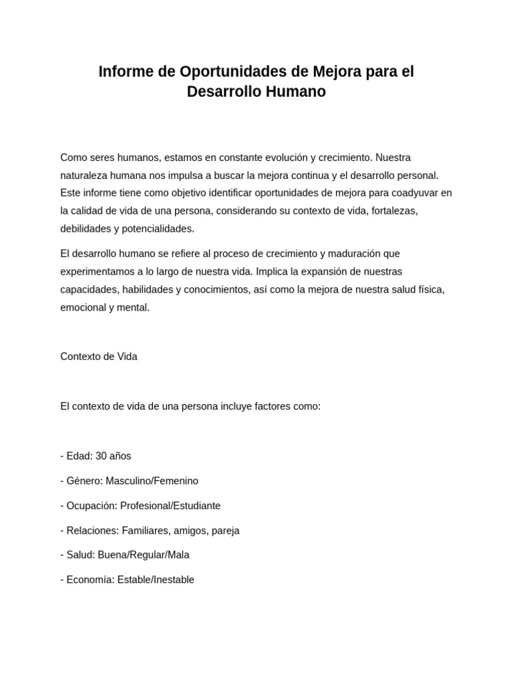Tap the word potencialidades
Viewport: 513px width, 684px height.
pyautogui.click(x=153, y=228)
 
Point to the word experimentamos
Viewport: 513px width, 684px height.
pyautogui.click(x=99, y=272)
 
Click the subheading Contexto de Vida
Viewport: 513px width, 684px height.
pyautogui.click(x=99, y=357)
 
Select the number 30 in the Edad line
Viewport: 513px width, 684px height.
pyautogui.click(x=102, y=456)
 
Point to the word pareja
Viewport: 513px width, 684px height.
pyautogui.click(x=225, y=530)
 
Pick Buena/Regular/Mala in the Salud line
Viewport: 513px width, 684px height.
pyautogui.click(x=144, y=555)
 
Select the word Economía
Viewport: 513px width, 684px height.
pyautogui.click(x=90, y=580)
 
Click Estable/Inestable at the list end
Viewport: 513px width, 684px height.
pyautogui.click(x=156, y=580)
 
